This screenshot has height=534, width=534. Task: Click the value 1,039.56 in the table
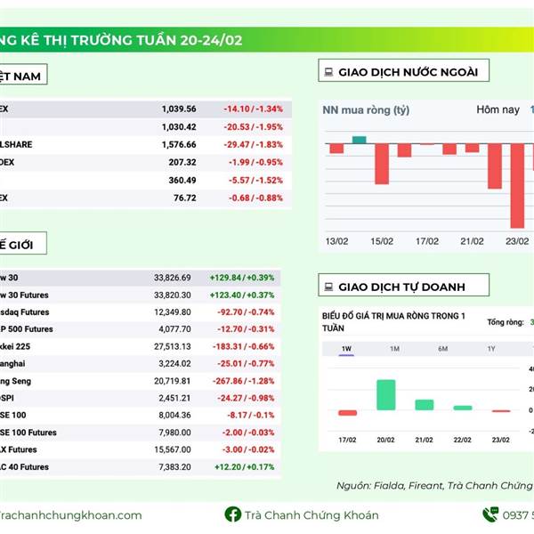[x=179, y=109]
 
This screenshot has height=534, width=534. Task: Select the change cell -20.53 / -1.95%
[x=257, y=126]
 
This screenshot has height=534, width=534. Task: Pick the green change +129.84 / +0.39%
[x=242, y=278]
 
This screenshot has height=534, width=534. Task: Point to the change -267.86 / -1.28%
[x=247, y=380]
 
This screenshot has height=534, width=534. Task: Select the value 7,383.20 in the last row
[x=174, y=466]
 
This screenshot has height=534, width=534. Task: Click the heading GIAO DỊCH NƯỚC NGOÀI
[x=408, y=71]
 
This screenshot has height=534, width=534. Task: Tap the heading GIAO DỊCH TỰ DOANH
[x=400, y=287]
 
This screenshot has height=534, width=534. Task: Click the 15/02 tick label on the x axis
[x=382, y=241]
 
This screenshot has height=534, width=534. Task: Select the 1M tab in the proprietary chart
[x=394, y=348]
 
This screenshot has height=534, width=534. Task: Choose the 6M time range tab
[x=442, y=348]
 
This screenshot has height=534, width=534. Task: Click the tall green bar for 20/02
[x=385, y=394]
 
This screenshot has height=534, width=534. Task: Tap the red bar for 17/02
[x=347, y=412]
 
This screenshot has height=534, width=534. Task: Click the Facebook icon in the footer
[x=232, y=514]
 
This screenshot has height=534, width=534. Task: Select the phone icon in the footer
[x=489, y=514]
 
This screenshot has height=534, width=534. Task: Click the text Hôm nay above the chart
[x=498, y=109]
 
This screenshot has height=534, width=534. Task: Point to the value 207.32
[x=181, y=162]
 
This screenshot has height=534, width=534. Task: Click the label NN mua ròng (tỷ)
[x=366, y=110]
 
